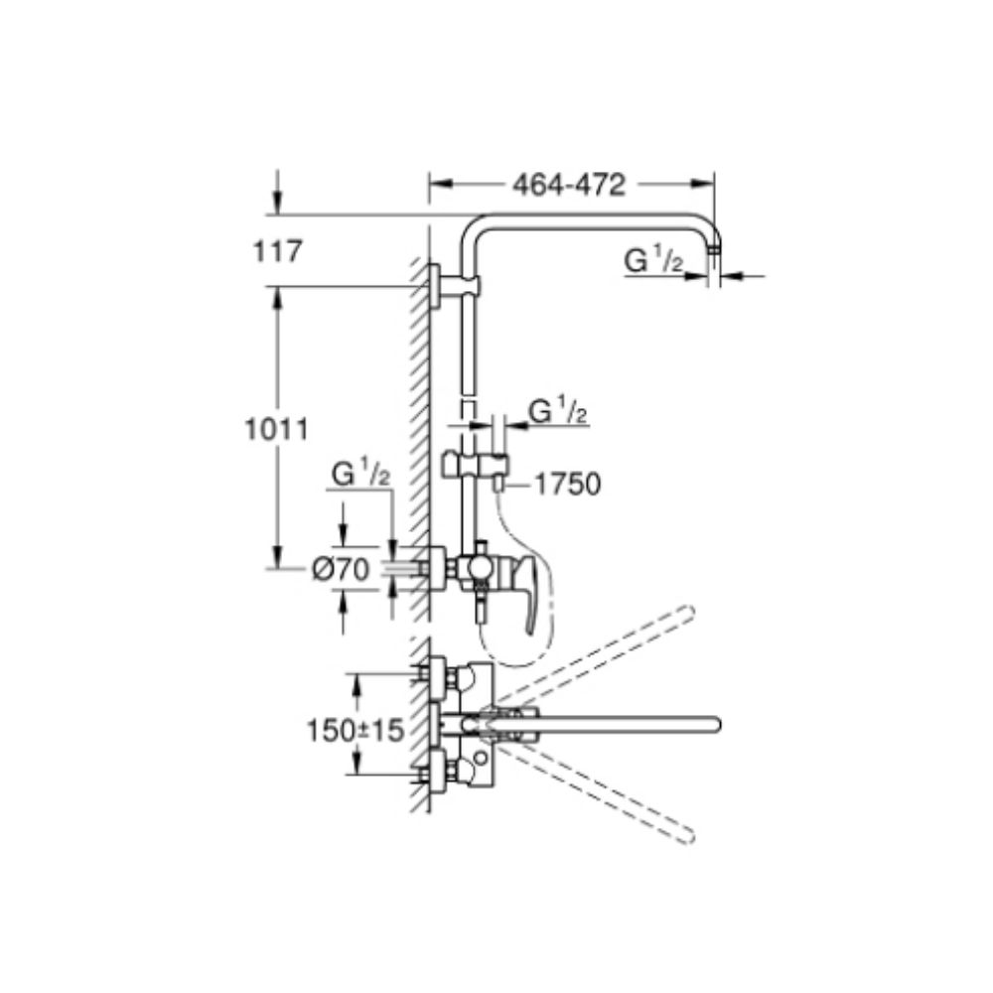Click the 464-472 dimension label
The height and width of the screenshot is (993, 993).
[x=569, y=185]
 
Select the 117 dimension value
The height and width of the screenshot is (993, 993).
[x=278, y=251]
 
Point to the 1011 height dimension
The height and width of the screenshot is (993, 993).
[x=276, y=429]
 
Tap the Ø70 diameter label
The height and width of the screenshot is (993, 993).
[x=340, y=570]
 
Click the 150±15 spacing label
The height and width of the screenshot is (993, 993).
[x=355, y=730]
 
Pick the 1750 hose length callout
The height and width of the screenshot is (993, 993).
[x=568, y=485]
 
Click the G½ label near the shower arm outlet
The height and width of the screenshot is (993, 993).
[x=654, y=259]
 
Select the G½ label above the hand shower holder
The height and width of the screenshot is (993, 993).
[x=558, y=412]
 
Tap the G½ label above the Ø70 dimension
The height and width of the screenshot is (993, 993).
[x=361, y=475]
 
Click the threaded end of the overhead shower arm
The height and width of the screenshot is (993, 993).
[x=714, y=249]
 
